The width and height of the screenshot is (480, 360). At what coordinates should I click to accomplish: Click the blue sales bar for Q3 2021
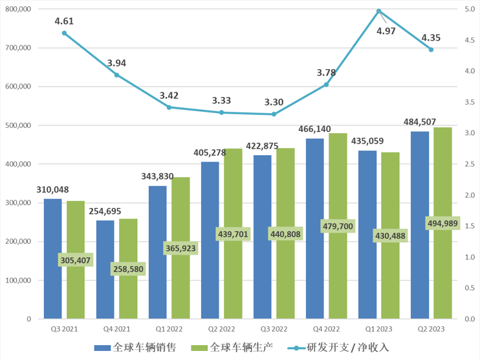pyautogui.click(x=53, y=259)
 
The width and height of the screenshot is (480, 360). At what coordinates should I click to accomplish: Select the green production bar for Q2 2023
pyautogui.click(x=442, y=271)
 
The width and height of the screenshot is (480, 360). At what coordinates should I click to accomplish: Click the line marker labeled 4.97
pyautogui.click(x=378, y=11)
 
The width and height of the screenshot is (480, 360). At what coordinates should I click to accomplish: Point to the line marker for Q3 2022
pyautogui.click(x=274, y=114)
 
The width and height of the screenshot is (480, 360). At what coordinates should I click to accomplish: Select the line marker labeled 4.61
pyautogui.click(x=64, y=33)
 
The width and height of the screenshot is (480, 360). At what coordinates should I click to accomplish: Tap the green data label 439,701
pyautogui.click(x=232, y=234)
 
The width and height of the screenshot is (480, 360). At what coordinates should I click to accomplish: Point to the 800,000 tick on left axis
pyautogui.click(x=18, y=10)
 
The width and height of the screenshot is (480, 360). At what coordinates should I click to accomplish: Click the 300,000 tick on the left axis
pyautogui.click(x=18, y=203)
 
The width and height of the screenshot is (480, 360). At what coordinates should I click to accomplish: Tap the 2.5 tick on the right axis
pyautogui.click(x=469, y=164)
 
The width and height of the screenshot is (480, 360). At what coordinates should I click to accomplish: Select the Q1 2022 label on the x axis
pyautogui.click(x=169, y=330)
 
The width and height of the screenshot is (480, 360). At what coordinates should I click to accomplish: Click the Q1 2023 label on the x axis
pyautogui.click(x=378, y=330)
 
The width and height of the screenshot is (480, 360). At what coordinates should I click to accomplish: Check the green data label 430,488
pyautogui.click(x=390, y=237)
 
